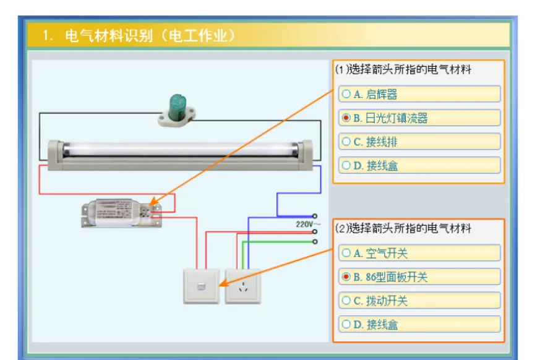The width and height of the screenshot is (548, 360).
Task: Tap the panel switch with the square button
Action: coord(201,286)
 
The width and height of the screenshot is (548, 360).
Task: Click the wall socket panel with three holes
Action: coord(243,286)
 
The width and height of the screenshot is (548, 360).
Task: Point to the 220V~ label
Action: coord(308,225)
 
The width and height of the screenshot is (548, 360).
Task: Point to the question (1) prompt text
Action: coord(403,70)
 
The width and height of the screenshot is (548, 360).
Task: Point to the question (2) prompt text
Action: coord(403,229)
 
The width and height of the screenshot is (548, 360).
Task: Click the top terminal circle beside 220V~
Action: coord(315,216)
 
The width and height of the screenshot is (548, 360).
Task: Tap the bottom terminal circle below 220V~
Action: coord(315,241)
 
